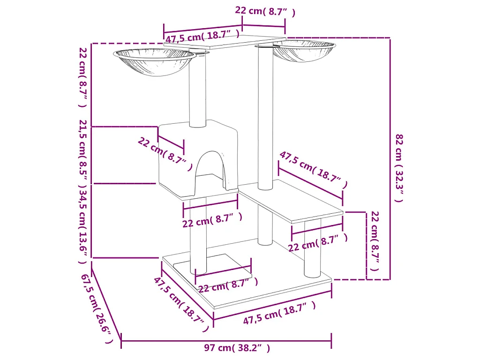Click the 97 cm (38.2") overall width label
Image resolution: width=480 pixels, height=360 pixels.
pyautogui.click(x=237, y=348)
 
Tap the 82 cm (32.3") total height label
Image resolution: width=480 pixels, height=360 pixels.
pyautogui.click(x=399, y=168)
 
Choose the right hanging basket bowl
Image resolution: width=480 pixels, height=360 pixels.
pyautogui.click(x=304, y=51)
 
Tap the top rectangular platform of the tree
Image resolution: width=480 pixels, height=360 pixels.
pyautogui.click(x=225, y=42)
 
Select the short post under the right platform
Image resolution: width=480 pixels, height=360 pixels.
pyautogui.click(x=312, y=248)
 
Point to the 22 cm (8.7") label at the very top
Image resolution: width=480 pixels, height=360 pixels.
pyautogui.click(x=265, y=11)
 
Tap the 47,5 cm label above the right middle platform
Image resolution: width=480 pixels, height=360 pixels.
pyautogui.click(x=314, y=169)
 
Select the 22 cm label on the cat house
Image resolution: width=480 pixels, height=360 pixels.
pyautogui.click(x=165, y=154)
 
